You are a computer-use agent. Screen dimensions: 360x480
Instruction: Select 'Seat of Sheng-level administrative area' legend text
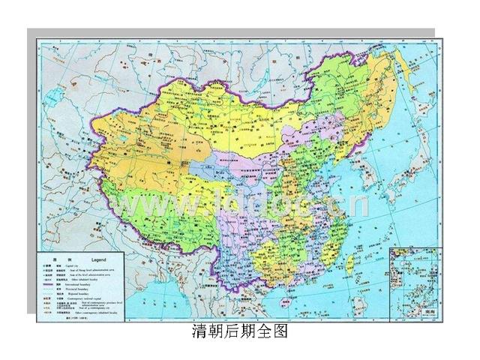tap(104, 269)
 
